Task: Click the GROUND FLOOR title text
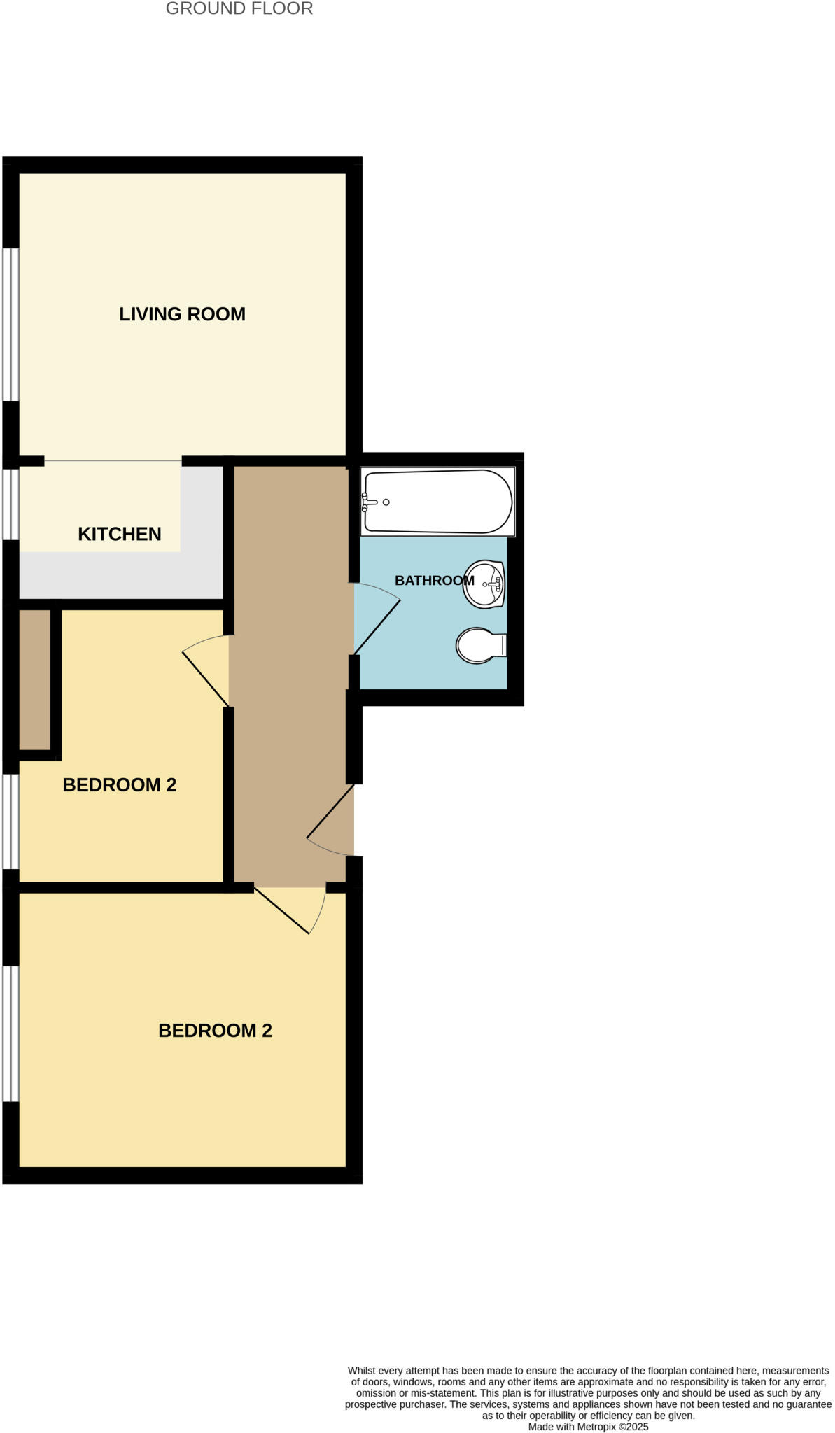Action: click(239, 9)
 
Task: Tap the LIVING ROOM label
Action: click(182, 314)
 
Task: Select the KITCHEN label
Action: click(120, 534)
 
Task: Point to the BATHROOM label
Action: click(434, 580)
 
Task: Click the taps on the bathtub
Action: click(368, 502)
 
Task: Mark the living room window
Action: click(10, 325)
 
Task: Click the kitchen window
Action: click(10, 504)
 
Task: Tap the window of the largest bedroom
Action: click(10, 1033)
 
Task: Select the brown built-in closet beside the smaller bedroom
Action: click(34, 679)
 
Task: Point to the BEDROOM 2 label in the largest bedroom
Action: click(215, 1031)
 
